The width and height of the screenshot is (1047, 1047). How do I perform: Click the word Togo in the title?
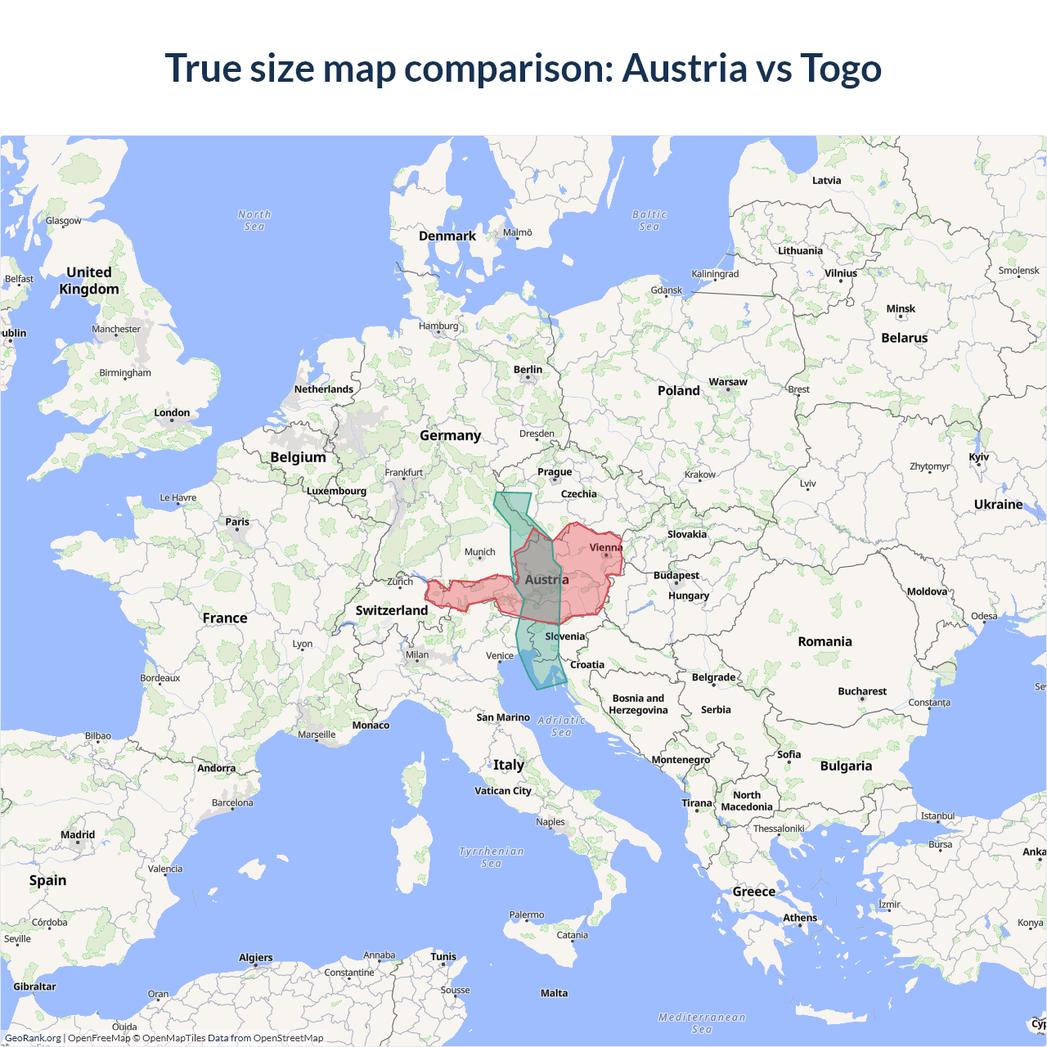pyautogui.click(x=841, y=68)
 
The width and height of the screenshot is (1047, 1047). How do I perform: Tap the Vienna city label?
pyautogui.click(x=605, y=547)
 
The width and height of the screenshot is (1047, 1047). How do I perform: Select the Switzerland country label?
pyautogui.click(x=391, y=610)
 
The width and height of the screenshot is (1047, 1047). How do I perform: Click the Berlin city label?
pyautogui.click(x=528, y=370)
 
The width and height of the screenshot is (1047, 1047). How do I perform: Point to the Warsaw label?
pyautogui.click(x=727, y=382)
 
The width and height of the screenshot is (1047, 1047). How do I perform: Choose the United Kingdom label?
pyautogui.click(x=89, y=281)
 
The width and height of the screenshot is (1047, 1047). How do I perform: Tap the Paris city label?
pyautogui.click(x=237, y=522)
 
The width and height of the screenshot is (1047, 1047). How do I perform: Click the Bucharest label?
pyautogui.click(x=861, y=691)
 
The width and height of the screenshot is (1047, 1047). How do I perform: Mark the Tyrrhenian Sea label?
pyautogui.click(x=491, y=857)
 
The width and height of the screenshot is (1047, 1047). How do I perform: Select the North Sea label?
pyautogui.click(x=254, y=220)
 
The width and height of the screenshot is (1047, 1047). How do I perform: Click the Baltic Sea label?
pyautogui.click(x=649, y=220)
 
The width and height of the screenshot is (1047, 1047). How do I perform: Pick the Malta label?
pyautogui.click(x=554, y=993)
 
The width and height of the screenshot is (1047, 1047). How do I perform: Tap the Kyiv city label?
pyautogui.click(x=978, y=457)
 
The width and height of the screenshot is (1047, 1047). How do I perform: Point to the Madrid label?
pyautogui.click(x=78, y=835)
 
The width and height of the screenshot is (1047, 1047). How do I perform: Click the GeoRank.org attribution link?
pyautogui.click(x=33, y=1038)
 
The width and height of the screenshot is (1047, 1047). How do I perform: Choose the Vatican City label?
pyautogui.click(x=502, y=791)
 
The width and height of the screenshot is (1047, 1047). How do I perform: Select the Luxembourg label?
pyautogui.click(x=336, y=491)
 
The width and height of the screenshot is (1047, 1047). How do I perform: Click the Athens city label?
pyautogui.click(x=799, y=918)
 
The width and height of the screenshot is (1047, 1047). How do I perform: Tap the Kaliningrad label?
pyautogui.click(x=714, y=274)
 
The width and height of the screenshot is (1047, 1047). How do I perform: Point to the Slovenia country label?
pyautogui.click(x=564, y=636)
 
